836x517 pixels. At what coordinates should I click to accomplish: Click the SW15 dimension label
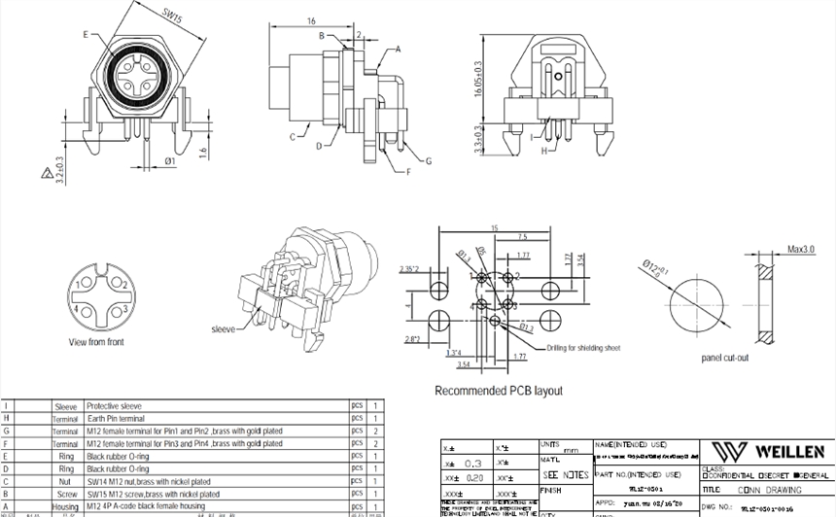[x=171, y=17]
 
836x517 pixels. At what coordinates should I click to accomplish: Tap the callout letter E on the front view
[x=87, y=34]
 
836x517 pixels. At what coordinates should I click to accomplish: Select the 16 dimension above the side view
[x=310, y=19]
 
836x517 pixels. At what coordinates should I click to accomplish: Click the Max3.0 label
[x=801, y=250]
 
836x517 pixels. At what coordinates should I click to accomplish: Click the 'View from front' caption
[x=96, y=342]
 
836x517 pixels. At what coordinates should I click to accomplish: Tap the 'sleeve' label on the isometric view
[x=224, y=329]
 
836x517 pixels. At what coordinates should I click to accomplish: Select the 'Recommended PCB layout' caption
[x=498, y=391]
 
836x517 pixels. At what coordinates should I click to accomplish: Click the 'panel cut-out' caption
[x=725, y=358]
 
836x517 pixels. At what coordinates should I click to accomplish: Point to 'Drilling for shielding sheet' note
[x=582, y=347]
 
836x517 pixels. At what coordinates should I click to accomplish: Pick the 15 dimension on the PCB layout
[x=494, y=228]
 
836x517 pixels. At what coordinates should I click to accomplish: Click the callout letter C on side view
[x=291, y=137]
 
